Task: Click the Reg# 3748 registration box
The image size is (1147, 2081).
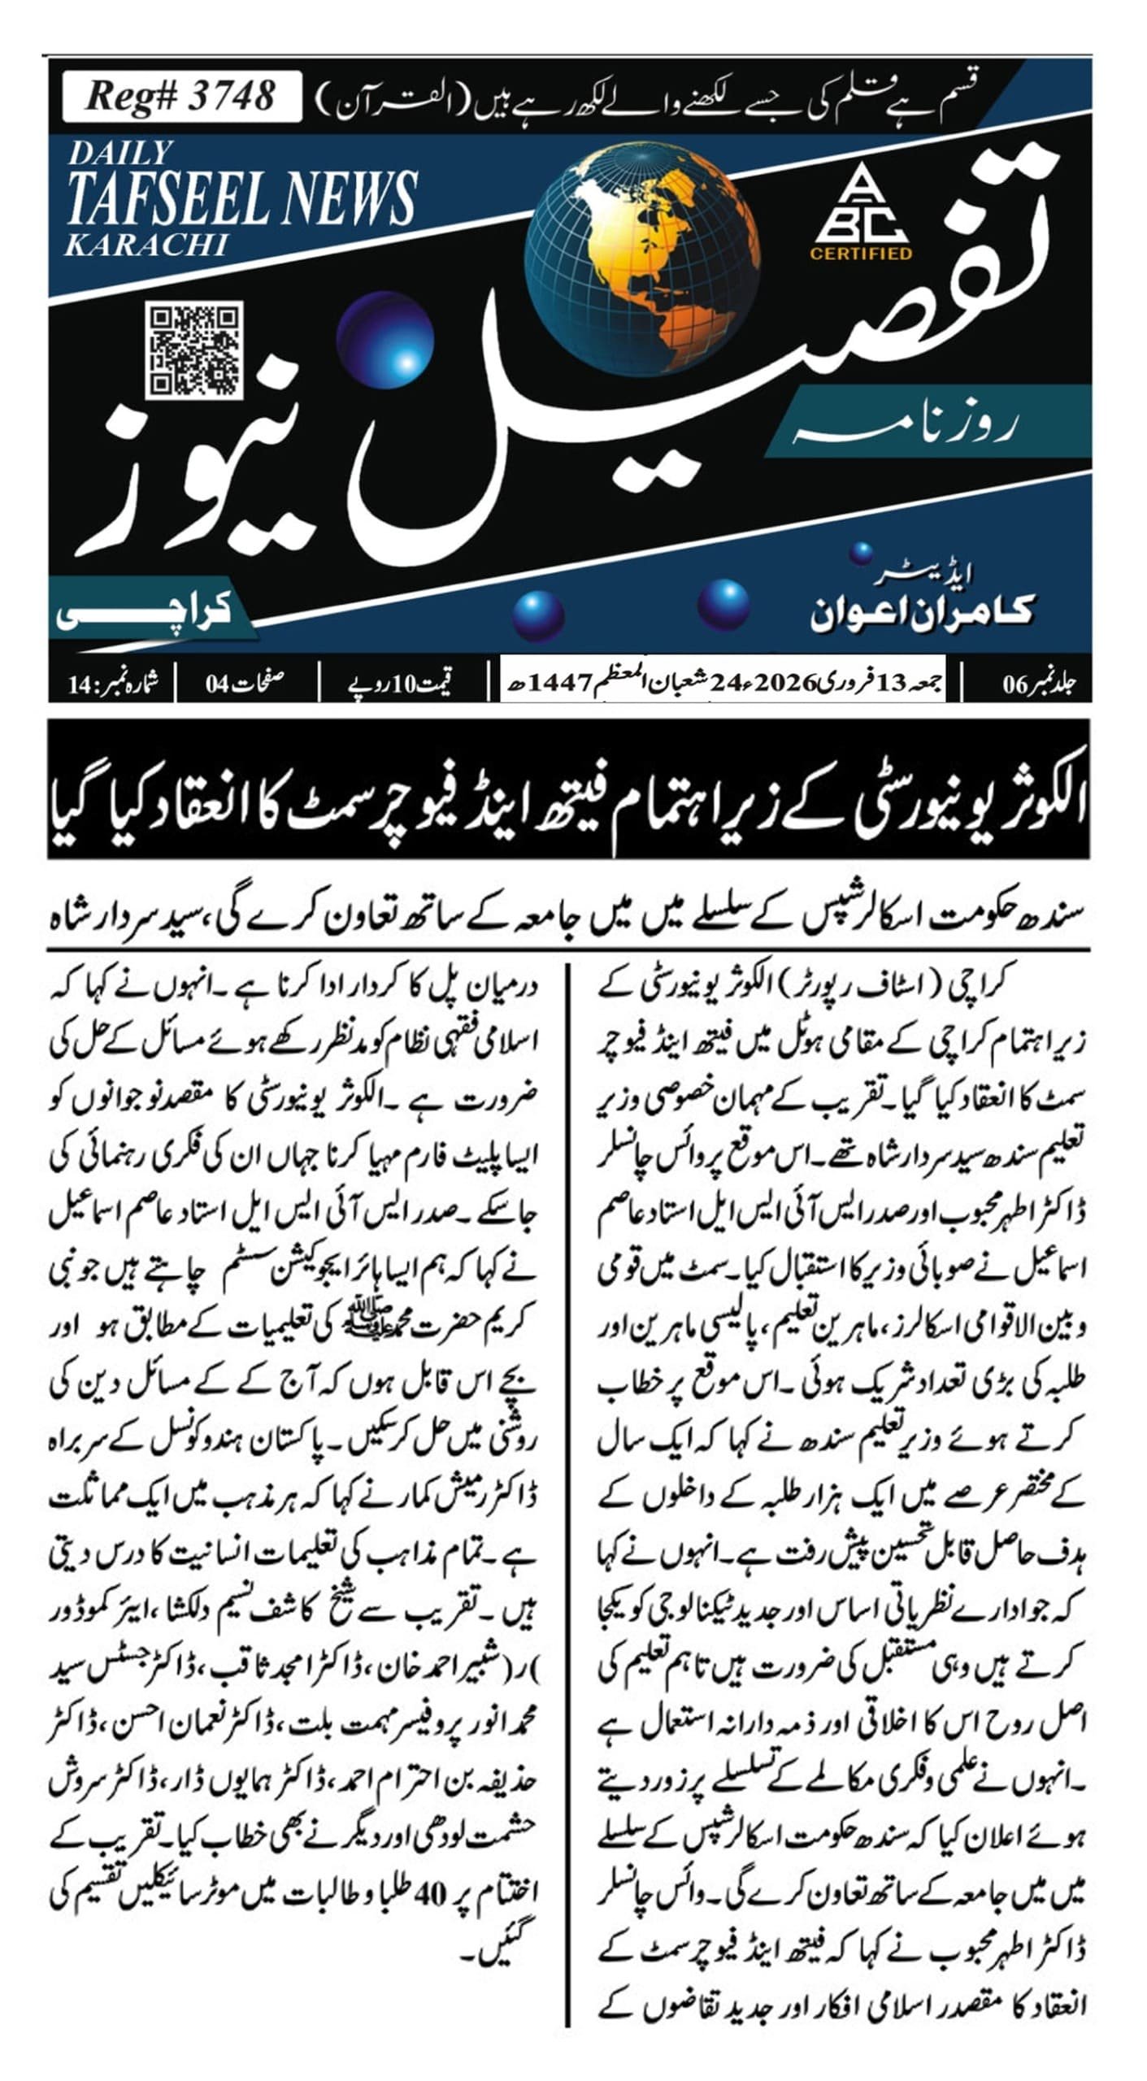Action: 181,96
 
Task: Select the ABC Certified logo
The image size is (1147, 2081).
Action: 861,213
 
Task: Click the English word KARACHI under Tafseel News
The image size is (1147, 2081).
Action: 146,245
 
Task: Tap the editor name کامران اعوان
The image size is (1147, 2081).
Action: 922,610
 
